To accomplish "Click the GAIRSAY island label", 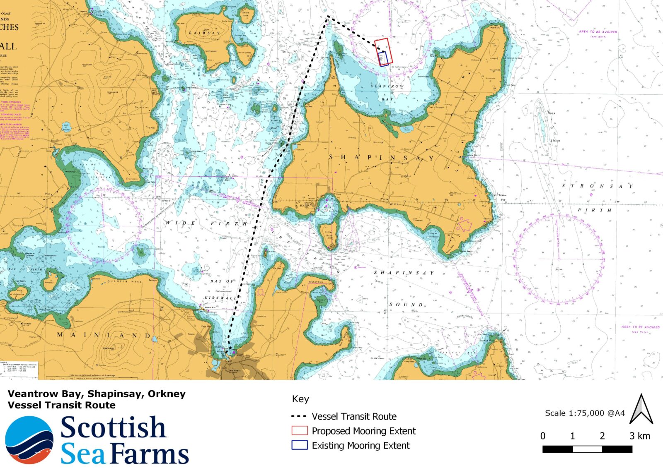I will tap(204, 33).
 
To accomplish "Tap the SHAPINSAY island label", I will tap(381, 158).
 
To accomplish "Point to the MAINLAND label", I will tap(104, 335).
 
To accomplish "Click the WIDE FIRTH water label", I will tap(206, 223).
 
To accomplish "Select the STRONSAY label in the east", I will tap(597, 186).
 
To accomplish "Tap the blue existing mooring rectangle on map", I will tap(383, 59).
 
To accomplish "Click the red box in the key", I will tap(299, 430).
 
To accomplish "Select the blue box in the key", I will tap(299, 445).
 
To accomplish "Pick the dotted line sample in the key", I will tap(299, 416).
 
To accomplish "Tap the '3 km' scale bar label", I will tap(639, 436).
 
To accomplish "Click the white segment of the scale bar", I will tap(587, 449).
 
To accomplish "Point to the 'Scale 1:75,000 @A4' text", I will tap(585, 413).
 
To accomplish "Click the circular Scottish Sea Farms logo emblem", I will tap(29, 440).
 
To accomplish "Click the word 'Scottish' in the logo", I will tap(113, 427).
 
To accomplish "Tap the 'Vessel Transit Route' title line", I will tap(61, 405).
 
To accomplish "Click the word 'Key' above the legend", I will tap(300, 399).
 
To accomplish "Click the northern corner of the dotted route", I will tap(328, 17).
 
